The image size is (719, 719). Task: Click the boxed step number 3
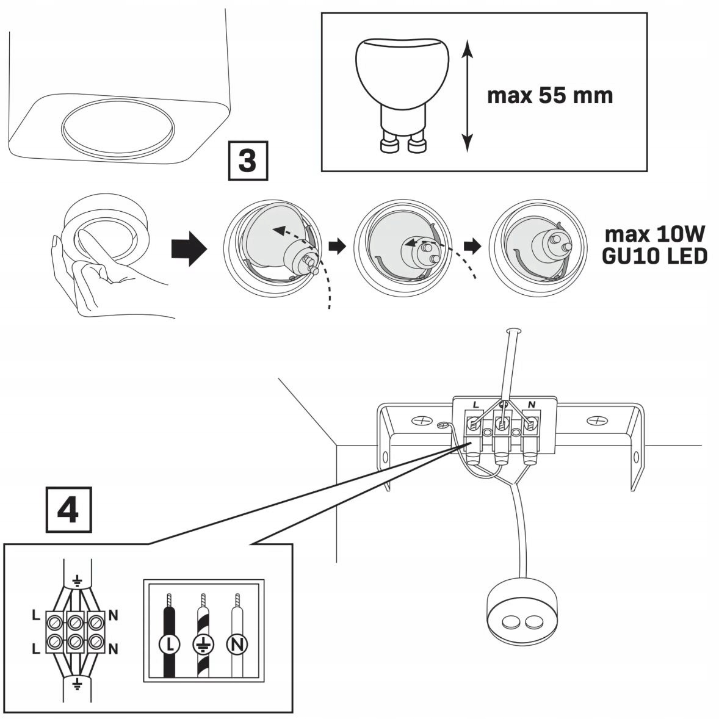247,162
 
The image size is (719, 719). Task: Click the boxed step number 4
68,508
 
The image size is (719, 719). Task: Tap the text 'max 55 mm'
549,96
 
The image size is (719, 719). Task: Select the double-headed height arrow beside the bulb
467,95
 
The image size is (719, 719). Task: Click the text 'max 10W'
654,234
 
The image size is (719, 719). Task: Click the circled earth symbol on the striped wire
202,642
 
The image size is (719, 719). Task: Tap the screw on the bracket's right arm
596,421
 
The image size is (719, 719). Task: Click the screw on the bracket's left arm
421,421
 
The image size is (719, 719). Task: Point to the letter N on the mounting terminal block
531,404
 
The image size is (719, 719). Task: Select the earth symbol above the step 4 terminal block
76,580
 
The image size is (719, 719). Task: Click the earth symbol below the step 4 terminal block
76,682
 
